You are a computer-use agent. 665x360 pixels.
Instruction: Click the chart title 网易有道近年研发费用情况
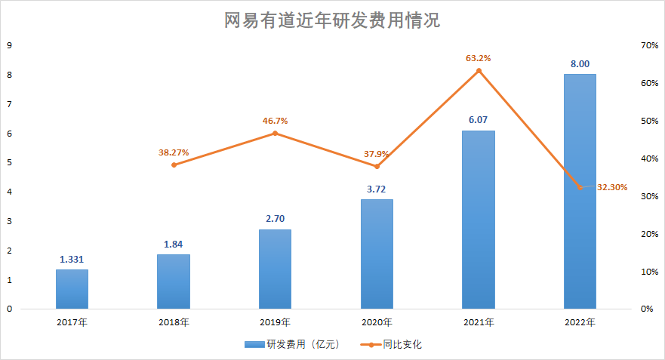pyautogui.click(x=332, y=20)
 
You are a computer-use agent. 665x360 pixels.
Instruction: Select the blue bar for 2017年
pyautogui.click(x=72, y=289)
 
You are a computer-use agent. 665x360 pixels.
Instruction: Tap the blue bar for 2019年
pyautogui.click(x=275, y=269)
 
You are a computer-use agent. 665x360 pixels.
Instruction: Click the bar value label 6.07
pyautogui.click(x=479, y=120)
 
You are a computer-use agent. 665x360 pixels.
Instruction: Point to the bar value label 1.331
pyautogui.click(x=72, y=259)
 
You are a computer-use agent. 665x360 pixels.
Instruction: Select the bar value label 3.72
pyautogui.click(x=377, y=189)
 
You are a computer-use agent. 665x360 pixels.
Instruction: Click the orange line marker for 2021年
pyautogui.click(x=479, y=71)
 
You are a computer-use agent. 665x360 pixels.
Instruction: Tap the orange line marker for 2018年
pyautogui.click(x=174, y=165)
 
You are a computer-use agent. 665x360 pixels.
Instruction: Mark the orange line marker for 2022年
pyautogui.click(x=580, y=187)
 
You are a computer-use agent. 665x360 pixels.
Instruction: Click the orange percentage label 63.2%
pyautogui.click(x=479, y=57)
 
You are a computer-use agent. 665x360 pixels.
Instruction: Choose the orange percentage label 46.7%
pyautogui.click(x=275, y=120)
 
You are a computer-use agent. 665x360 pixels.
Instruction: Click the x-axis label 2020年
pyautogui.click(x=377, y=322)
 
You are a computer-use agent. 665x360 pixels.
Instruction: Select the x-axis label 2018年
pyautogui.click(x=174, y=322)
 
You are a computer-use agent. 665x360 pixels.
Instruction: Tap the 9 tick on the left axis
pyautogui.click(x=9, y=45)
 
